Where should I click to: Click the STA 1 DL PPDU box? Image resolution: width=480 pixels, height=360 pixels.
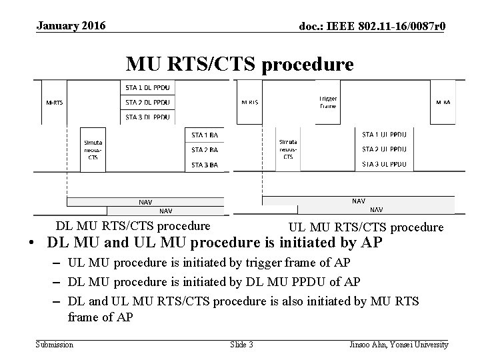click(147, 87)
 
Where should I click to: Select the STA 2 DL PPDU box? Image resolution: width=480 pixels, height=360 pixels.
click(147, 102)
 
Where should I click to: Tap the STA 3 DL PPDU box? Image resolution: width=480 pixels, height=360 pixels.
click(147, 117)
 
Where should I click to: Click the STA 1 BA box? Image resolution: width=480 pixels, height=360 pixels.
click(205, 135)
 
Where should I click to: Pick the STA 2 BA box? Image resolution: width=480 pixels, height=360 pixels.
click(205, 150)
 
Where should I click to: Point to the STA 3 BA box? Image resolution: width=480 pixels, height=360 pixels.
click(205, 165)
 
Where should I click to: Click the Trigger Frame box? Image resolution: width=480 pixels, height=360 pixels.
click(328, 102)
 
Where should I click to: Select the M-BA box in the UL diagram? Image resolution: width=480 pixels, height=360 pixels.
click(443, 103)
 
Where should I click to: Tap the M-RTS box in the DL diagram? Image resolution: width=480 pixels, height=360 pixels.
click(55, 103)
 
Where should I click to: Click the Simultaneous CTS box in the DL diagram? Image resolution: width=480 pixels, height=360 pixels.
click(93, 149)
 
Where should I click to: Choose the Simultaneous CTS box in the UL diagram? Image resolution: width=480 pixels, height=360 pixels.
click(288, 149)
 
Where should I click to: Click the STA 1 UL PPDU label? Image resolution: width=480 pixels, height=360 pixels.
click(384, 135)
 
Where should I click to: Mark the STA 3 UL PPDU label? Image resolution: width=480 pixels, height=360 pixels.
click(384, 164)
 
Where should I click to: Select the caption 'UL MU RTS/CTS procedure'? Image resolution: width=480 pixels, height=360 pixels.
click(366, 227)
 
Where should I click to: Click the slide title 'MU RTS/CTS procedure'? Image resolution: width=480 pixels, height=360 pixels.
click(240, 65)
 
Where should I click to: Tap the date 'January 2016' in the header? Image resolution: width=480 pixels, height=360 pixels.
click(71, 26)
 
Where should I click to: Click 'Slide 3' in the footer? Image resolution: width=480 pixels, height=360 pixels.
click(241, 345)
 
